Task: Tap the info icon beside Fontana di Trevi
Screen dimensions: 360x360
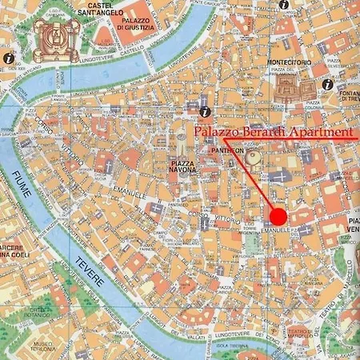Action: pyautogui.click(x=327, y=83)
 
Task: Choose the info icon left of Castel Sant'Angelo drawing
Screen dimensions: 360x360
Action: pyautogui.click(x=7, y=58)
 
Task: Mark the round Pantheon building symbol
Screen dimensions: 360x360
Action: pyautogui.click(x=253, y=158)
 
